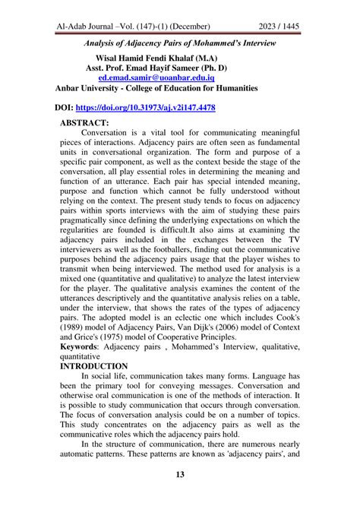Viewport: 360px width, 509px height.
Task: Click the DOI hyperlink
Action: (x=151, y=109)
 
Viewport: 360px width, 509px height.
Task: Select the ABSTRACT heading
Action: (x=84, y=122)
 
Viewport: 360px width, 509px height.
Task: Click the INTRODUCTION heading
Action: (x=99, y=365)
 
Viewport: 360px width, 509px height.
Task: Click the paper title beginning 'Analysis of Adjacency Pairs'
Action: (x=179, y=44)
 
